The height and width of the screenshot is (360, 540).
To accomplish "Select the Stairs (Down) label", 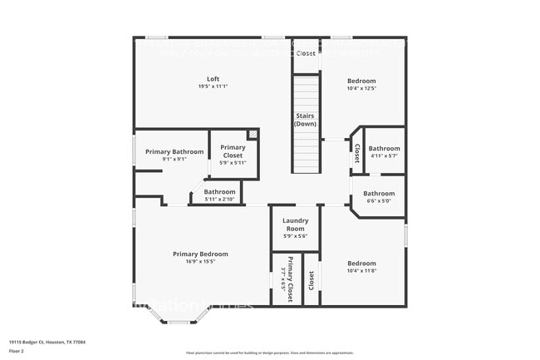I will coord(305,119).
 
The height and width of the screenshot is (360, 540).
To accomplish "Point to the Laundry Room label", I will coord(297,224).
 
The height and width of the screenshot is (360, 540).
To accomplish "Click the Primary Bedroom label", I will coord(200,254).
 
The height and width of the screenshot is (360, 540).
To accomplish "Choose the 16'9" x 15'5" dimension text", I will coord(200,261).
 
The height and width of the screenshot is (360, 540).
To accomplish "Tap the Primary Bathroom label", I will coord(174,151).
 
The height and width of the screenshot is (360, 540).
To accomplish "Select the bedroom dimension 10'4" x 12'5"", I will coord(361,87).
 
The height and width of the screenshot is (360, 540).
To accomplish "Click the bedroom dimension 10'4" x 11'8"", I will coord(361,270).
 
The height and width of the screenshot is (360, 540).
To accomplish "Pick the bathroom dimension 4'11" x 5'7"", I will coord(384,155).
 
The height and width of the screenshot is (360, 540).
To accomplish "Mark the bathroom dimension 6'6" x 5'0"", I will coord(384,200).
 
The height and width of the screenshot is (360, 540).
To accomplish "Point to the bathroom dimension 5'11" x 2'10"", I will coord(219,199).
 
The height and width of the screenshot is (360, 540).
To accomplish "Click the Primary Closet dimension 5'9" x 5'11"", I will coord(233,162).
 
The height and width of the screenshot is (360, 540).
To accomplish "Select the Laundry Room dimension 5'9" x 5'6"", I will coord(297,236).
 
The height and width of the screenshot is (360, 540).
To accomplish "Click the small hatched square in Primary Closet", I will coord(253,134).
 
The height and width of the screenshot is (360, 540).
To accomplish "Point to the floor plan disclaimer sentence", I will coord(269,353).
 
